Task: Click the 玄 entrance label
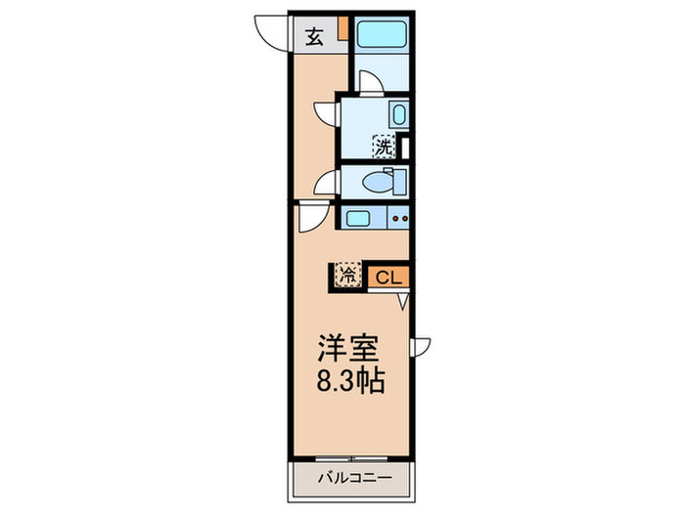coord(314,37)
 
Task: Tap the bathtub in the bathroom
coord(380,35)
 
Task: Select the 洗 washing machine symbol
coord(385,148)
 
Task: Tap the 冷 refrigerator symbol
coord(348,276)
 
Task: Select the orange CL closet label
coord(388,277)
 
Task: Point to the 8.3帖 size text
coord(349,380)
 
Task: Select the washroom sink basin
coord(398,112)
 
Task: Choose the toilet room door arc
coord(327,182)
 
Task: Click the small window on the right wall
coord(420,344)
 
